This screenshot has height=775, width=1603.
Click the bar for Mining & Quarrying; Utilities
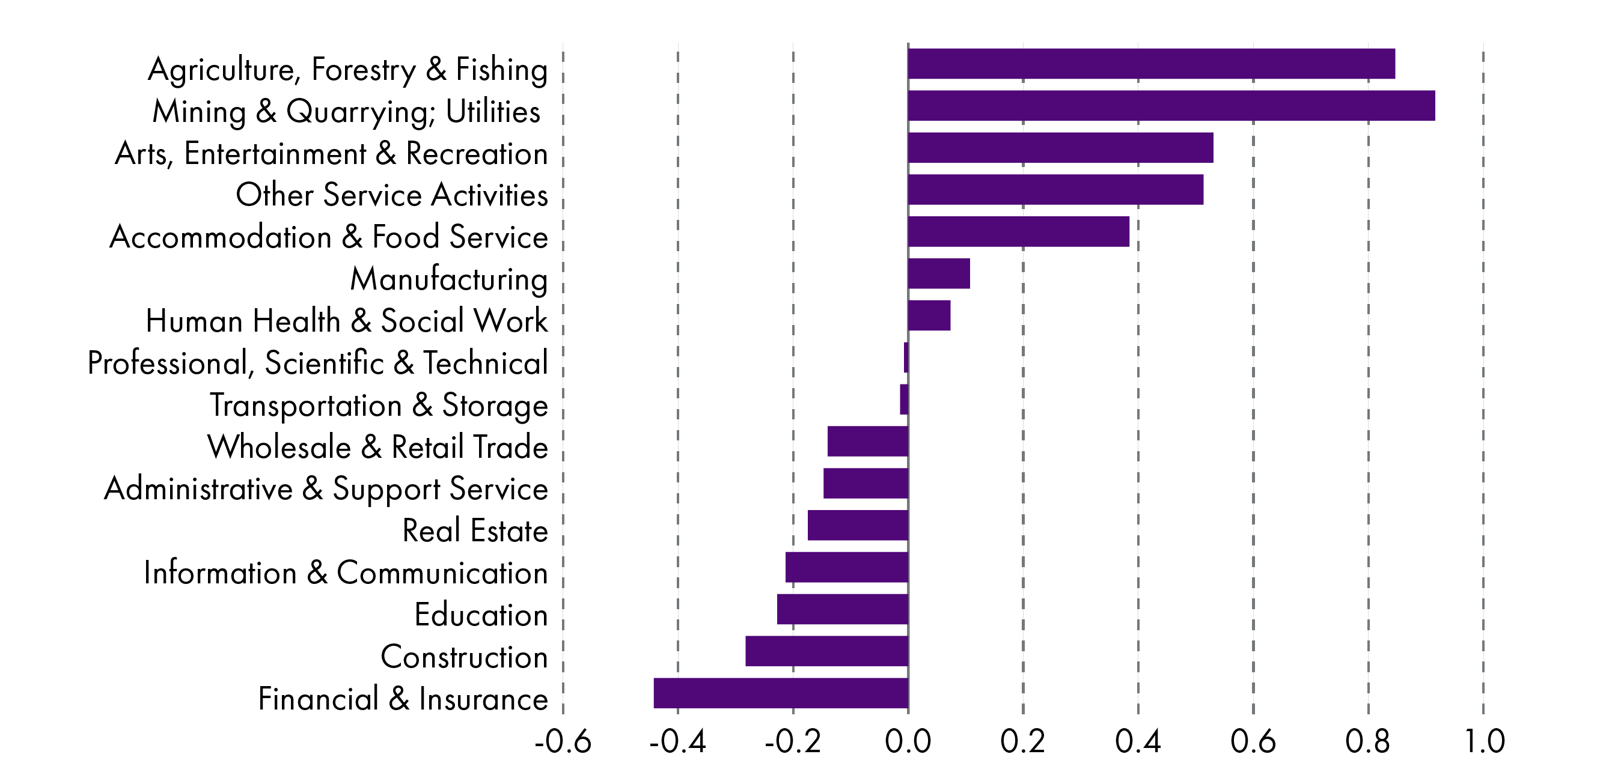[x=1171, y=106]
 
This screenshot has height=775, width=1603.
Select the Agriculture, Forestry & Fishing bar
[x=1151, y=64]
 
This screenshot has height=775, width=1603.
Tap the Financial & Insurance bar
[x=781, y=693]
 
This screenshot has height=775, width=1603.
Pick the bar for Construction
[x=826, y=651]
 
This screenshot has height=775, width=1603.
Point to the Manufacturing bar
[x=938, y=274]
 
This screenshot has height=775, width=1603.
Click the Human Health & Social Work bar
[x=929, y=315]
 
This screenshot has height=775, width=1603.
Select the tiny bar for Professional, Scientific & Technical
[x=906, y=357]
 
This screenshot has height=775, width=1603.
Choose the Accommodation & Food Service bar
[x=1018, y=231]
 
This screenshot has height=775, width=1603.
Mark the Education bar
[x=842, y=609]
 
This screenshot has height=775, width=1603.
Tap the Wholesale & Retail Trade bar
[x=867, y=441]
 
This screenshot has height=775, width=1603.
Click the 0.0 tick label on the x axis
[x=908, y=741]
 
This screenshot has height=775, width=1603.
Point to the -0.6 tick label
[x=563, y=741]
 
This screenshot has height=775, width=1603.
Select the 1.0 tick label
[x=1484, y=741]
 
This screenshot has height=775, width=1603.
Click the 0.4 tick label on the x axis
[x=1138, y=741]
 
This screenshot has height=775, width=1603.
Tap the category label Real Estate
[x=475, y=530]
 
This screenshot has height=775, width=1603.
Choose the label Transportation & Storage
[x=378, y=406]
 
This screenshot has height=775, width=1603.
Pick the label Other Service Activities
[x=391, y=195]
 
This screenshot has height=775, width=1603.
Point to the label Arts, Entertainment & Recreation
[x=331, y=153]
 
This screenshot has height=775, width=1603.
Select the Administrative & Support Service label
[x=325, y=489]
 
